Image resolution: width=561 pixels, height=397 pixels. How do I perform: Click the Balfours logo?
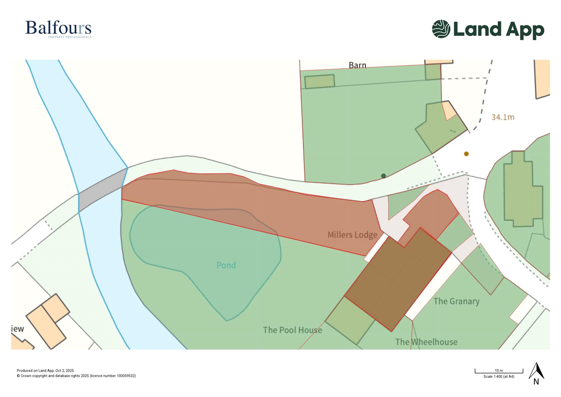pyautogui.click(x=58, y=28)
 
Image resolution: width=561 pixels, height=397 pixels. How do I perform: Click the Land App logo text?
pyautogui.click(x=498, y=29)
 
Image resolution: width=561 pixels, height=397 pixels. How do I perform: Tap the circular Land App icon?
pyautogui.click(x=441, y=29)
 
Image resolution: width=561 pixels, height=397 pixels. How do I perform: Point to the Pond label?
pyautogui.click(x=226, y=265)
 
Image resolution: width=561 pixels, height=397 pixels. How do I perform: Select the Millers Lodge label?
pyautogui.click(x=352, y=235)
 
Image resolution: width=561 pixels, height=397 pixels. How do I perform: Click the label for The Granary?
pyautogui.click(x=456, y=301)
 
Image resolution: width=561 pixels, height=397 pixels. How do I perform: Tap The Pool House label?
pyautogui.click(x=292, y=330)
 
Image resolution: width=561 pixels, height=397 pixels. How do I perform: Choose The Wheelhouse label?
pyautogui.click(x=426, y=342)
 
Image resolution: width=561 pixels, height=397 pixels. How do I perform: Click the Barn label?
pyautogui.click(x=357, y=65)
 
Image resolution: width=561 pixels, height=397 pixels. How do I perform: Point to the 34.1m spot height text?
pyautogui.click(x=502, y=117)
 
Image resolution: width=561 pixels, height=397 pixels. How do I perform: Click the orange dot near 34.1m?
pyautogui.click(x=466, y=154)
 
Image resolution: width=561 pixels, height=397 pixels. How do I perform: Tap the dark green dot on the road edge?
pyautogui.click(x=383, y=176)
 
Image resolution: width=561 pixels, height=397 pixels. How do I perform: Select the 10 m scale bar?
pyautogui.click(x=499, y=371)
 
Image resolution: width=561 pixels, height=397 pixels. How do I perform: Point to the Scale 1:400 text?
pyautogui.click(x=499, y=377)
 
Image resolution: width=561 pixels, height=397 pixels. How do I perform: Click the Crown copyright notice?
pyautogui.click(x=76, y=376)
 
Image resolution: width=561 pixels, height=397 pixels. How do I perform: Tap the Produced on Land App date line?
pyautogui.click(x=46, y=370)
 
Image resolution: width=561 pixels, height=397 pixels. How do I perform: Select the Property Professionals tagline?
pyautogui.click(x=70, y=37)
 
